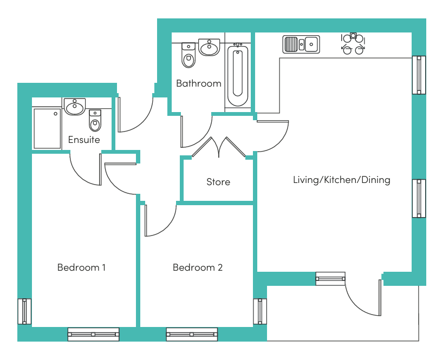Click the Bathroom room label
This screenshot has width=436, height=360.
tap(199, 83)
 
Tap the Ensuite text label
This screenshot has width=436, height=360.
tap(84, 140)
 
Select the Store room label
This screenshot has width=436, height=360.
tap(218, 182)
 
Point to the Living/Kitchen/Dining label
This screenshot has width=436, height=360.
tap(341, 180)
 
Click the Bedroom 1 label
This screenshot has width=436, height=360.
tap(81, 267)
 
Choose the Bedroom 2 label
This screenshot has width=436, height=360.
tap(198, 267)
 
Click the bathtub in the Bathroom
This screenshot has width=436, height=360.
tap(237, 75)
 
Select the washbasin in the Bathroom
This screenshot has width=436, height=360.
tap(209, 48)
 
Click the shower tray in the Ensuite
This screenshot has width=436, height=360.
tap(47, 128)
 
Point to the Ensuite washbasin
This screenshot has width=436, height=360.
tap(74, 107)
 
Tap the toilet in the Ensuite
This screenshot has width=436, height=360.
tap(95, 121)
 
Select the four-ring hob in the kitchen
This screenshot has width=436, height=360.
tap(353, 44)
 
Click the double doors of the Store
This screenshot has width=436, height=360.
tap(219, 147)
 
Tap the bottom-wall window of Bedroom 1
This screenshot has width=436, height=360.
tap(93, 335)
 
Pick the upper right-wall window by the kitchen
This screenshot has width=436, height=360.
tap(419, 75)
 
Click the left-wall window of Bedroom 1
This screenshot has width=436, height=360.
tap(24, 311)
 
